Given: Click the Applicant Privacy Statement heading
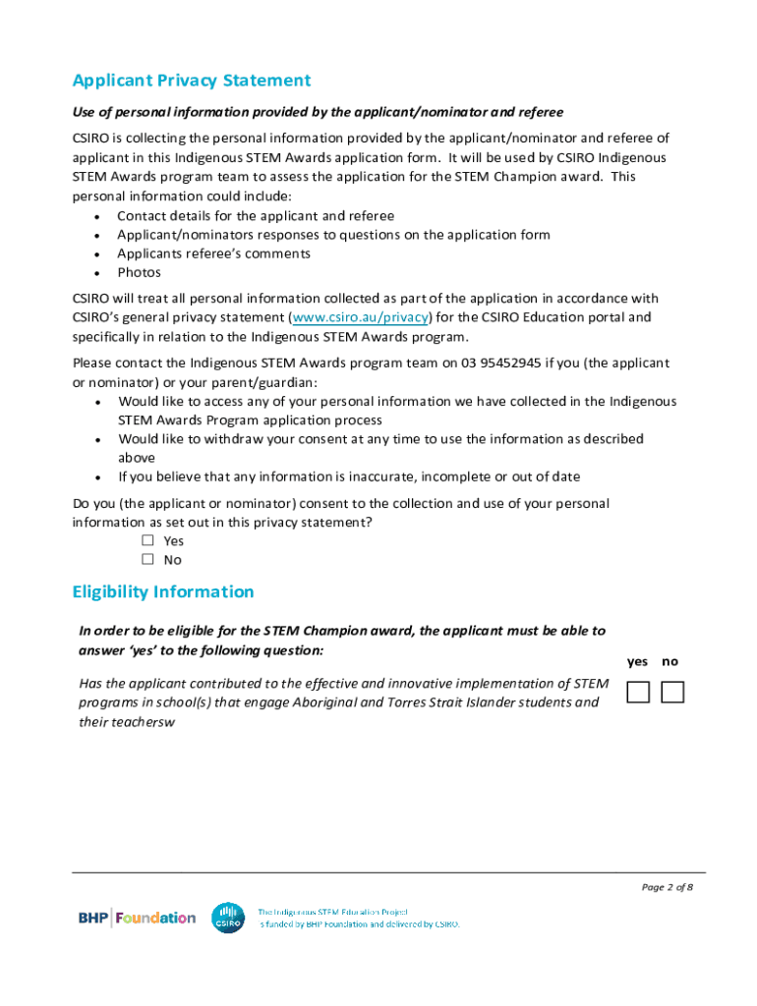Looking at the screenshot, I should point(192,81).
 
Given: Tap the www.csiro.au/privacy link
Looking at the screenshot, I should point(361,317).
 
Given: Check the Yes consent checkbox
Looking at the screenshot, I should point(148,540).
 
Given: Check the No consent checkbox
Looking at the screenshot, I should point(148,559).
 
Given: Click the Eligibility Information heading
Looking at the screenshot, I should point(163,591).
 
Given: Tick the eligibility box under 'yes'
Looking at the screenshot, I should point(638,693).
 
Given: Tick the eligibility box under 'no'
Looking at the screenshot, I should point(672,693).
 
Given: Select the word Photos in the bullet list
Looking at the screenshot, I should point(139,272).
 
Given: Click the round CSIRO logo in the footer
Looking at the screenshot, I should point(228,918).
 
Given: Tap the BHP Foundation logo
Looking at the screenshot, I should point(137,918).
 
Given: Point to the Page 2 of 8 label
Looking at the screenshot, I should point(668,888).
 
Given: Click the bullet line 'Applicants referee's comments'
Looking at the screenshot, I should point(213,253).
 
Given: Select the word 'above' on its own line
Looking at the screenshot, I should point(137,458).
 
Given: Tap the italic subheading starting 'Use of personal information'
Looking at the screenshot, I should point(318,112).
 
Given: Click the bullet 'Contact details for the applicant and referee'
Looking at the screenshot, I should point(256,215).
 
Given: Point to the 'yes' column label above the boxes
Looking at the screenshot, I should point(638,661).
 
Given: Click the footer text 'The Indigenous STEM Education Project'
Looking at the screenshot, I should point(332,912).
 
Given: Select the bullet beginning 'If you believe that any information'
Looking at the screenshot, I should point(349,476).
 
